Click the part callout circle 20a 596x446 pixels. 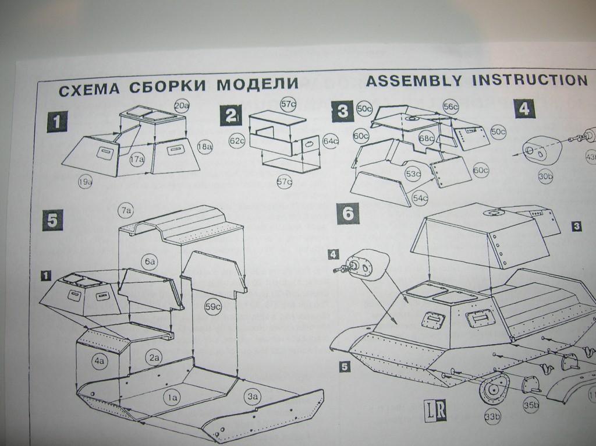[x=182, y=105]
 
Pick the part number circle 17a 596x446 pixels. [x=137, y=158]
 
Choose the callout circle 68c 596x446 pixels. [x=427, y=139]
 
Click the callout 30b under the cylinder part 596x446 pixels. [x=545, y=177]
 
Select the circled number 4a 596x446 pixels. [x=99, y=361]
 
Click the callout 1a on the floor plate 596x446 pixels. [x=172, y=397]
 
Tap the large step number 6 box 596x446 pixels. [x=347, y=213]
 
